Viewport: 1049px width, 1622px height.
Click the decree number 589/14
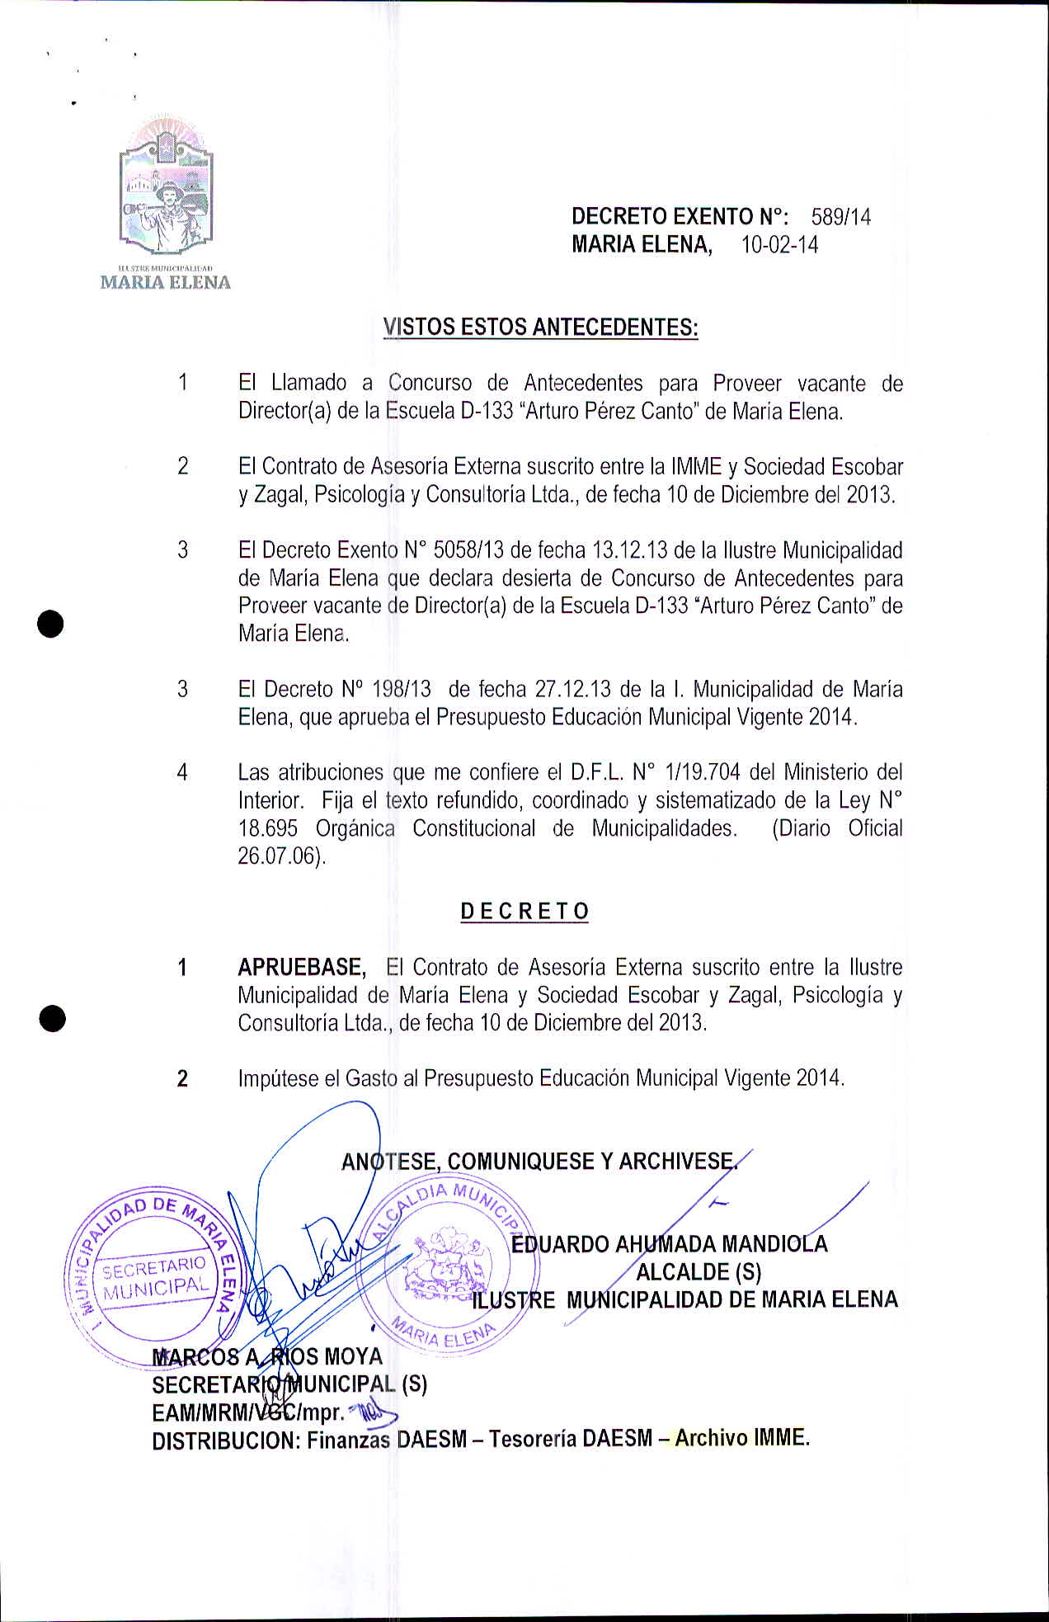click(840, 217)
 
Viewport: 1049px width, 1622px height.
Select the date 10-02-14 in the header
click(779, 245)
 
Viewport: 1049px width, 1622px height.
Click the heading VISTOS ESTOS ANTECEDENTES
click(540, 328)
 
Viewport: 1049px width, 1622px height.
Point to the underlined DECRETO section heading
click(524, 912)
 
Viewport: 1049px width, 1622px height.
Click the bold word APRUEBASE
click(302, 967)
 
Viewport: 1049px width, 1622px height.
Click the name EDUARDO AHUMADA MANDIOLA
click(669, 1244)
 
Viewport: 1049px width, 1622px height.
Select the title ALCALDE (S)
click(698, 1271)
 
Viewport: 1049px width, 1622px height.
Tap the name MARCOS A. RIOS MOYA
click(267, 1356)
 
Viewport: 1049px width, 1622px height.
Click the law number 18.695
click(267, 828)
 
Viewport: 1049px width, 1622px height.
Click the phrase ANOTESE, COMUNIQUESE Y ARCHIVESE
click(538, 1162)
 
